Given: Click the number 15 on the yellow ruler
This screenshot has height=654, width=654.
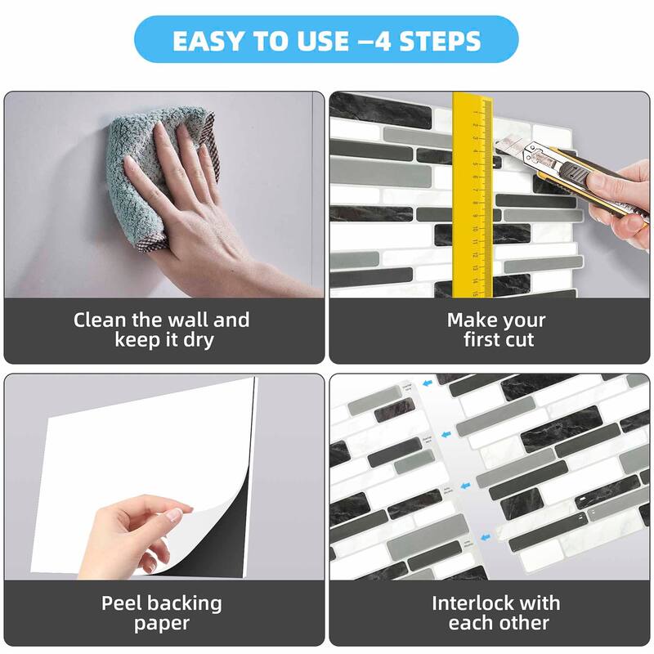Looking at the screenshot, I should tap(474, 291).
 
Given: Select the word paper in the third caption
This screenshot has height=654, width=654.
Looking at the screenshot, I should tap(162, 625).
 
